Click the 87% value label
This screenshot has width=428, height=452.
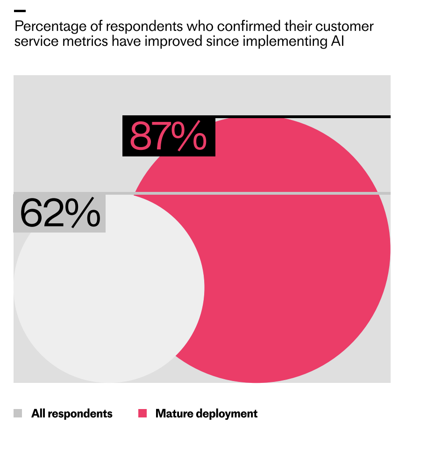168,136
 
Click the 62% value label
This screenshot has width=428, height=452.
60,213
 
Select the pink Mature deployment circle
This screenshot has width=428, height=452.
290,261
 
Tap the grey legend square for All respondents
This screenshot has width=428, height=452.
18,413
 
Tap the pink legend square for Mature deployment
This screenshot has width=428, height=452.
143,413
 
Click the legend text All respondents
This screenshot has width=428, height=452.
72,413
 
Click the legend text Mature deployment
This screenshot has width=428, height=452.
206,413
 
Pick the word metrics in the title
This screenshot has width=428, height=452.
86,41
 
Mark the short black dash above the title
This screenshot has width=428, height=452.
20,11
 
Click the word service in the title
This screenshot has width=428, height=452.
36,41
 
